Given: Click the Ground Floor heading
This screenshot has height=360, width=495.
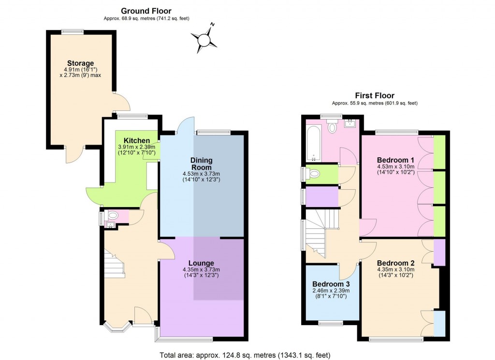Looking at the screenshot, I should (x=146, y=11).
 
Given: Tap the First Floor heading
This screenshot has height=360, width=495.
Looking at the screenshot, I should (x=375, y=96).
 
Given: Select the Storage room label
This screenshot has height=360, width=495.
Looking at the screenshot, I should (x=80, y=63).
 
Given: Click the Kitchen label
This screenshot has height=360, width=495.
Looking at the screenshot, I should (x=136, y=141).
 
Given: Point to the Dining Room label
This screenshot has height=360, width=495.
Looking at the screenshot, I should (x=201, y=164).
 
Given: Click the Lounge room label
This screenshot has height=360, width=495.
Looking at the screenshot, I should (x=201, y=263).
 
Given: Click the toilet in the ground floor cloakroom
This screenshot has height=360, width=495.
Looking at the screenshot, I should (x=113, y=215).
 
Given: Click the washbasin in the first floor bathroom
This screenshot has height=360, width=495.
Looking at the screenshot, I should (x=350, y=123).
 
